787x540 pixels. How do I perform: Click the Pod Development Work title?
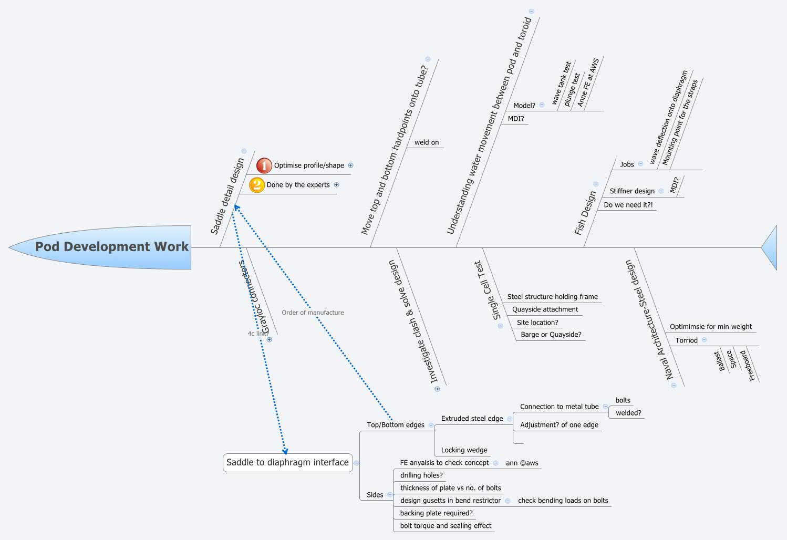(111, 246)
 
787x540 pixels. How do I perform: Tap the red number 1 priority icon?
(264, 165)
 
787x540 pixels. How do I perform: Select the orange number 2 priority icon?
(256, 185)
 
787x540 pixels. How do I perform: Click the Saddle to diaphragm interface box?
(287, 463)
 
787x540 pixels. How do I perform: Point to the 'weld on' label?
(426, 142)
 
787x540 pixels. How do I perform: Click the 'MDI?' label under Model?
(515, 119)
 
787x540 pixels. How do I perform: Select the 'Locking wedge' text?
(464, 450)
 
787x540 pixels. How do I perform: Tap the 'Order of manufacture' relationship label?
(313, 313)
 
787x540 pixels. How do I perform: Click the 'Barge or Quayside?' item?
(551, 335)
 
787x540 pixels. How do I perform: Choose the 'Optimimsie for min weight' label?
(710, 327)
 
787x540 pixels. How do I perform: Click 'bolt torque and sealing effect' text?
(446, 526)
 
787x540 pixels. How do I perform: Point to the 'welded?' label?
(628, 413)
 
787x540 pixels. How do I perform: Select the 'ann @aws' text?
(522, 463)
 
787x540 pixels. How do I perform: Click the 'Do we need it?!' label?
(628, 205)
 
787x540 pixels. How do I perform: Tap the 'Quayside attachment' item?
(545, 309)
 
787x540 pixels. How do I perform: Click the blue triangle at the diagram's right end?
(771, 247)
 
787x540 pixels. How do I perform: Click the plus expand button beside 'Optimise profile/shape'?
(351, 165)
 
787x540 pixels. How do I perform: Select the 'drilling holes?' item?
(421, 475)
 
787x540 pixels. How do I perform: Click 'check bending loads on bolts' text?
(563, 501)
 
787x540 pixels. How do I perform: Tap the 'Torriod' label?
(686, 340)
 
